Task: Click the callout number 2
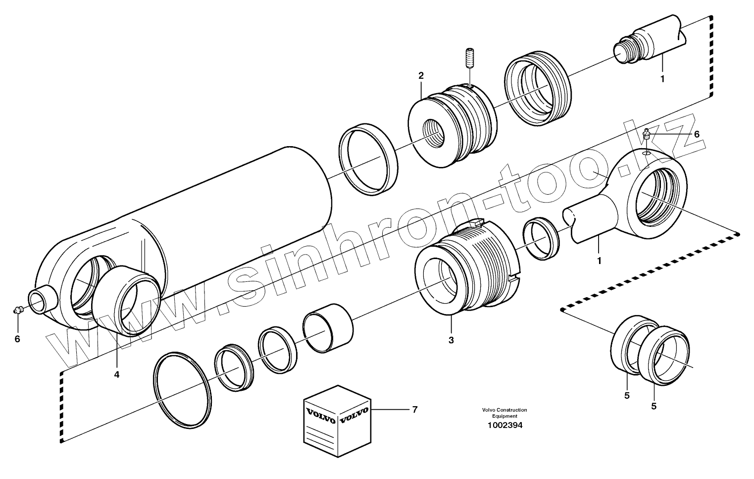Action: point(421,76)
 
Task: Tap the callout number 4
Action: point(117,374)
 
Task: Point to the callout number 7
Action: point(414,410)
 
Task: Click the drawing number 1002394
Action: point(504,425)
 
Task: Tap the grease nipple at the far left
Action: point(18,311)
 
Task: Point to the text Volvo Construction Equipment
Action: point(504,413)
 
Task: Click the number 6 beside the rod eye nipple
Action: point(697,134)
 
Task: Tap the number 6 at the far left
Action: point(17,339)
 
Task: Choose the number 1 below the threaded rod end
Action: point(662,78)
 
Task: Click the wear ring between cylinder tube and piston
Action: point(368,159)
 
